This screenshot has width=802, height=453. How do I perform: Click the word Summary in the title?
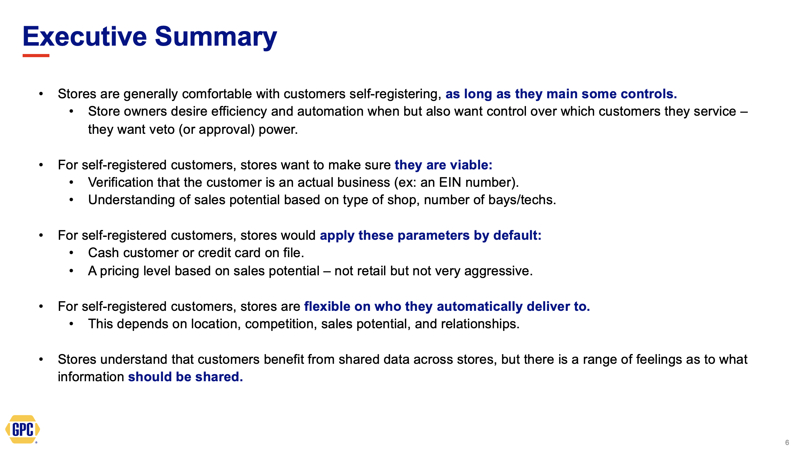(216, 38)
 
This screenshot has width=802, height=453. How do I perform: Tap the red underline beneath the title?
(36, 55)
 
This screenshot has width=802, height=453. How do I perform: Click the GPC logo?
(23, 429)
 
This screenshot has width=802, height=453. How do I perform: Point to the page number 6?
(787, 443)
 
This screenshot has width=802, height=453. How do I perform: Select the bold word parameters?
(434, 236)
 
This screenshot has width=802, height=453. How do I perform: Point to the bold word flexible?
(327, 306)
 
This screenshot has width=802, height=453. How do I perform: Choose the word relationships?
(480, 324)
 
